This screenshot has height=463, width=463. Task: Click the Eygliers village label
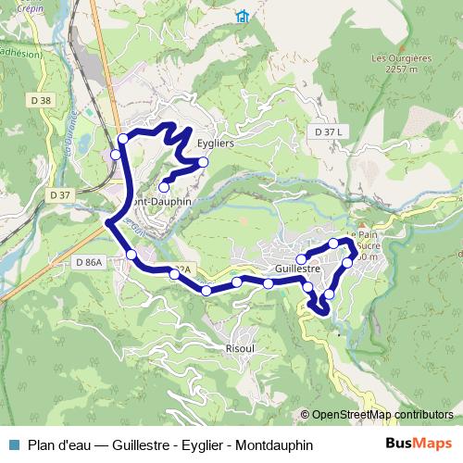215,144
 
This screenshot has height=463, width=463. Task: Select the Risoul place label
240,350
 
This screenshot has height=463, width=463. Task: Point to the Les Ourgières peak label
402,57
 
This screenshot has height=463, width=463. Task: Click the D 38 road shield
41,100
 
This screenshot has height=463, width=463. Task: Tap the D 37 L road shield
328,132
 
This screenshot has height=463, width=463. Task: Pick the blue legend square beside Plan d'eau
13,444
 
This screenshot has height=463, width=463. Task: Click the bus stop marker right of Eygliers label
204,163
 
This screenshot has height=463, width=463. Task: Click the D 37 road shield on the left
60,195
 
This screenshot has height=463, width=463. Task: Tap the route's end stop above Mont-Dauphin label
164,187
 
